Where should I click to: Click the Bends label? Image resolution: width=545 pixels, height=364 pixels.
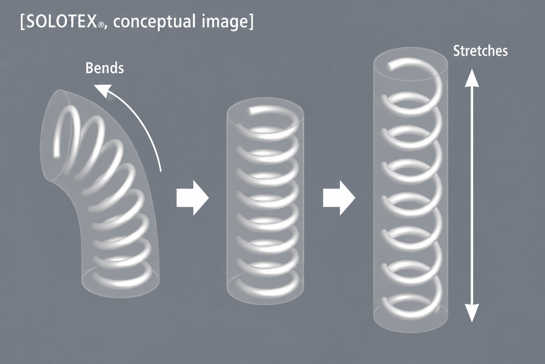coord(105,68)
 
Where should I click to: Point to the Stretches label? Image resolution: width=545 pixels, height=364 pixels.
coord(480,51)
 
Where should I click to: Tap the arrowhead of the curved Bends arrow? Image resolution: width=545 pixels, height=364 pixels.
coord(102,90)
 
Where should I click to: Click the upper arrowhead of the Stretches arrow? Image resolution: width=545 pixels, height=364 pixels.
coord(472,77)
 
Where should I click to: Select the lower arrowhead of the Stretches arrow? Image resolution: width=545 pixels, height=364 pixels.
coord(472,313)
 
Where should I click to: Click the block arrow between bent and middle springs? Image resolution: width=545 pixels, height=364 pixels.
coord(192,198)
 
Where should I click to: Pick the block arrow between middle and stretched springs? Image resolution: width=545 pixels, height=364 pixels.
coord(339,198)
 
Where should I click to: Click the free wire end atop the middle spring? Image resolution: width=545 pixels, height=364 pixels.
coord(250,111)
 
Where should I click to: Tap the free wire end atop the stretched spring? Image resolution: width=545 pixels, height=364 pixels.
coord(390,66)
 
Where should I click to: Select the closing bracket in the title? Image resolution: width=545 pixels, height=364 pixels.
coord(251,23)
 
